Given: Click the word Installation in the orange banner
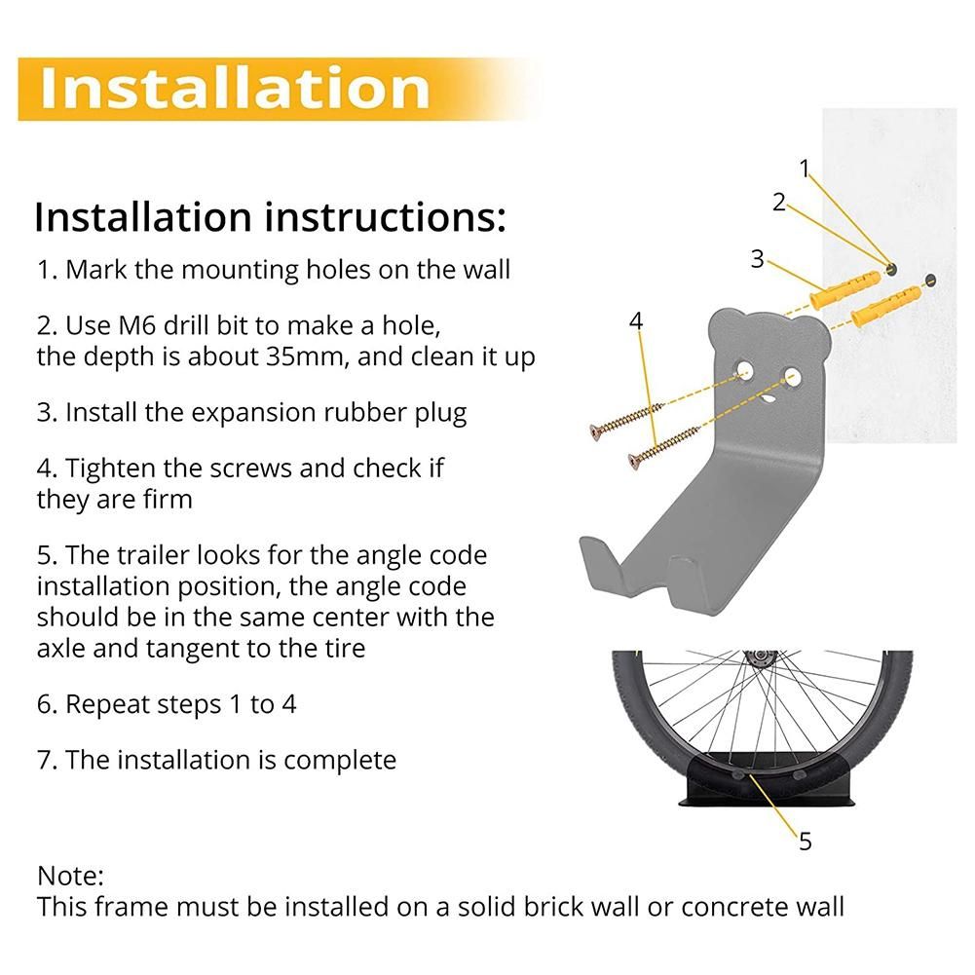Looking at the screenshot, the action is coord(235,88).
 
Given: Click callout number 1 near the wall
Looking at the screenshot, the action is coord(805,169).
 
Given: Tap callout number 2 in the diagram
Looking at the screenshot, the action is coord(779,202).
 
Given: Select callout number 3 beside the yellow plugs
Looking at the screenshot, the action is coord(757,259).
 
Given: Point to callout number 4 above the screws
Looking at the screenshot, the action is coord(635,320).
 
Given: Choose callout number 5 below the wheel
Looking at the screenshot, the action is coord(806,842).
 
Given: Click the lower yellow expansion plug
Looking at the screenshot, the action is coord(885,307).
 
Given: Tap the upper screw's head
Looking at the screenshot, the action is coord(596,431).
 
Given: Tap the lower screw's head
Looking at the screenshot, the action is coord(634,461).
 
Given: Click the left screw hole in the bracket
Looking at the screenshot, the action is coord(744,371).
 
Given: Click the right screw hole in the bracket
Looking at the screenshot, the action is coord(792,377).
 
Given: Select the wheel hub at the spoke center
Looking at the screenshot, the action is coord(761,657).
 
